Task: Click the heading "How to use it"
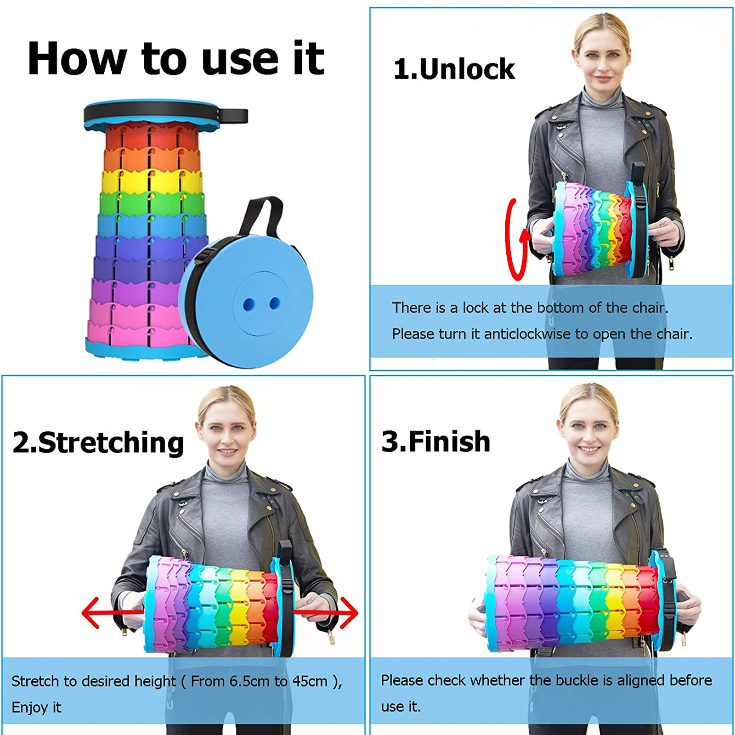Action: (176, 58)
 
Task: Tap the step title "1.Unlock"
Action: (454, 69)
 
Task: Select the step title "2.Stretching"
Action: (98, 443)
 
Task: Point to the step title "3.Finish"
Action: (436, 441)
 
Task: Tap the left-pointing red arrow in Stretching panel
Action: (113, 612)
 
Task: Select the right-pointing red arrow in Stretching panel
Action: (326, 612)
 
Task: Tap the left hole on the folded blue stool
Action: (249, 304)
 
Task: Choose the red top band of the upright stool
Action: (151, 136)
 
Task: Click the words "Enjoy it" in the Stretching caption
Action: (36, 707)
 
